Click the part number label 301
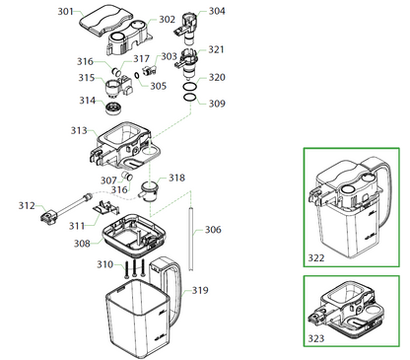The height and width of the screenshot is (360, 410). point(65,12)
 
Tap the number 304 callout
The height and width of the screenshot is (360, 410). point(217,11)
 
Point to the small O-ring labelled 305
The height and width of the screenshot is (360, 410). point(136,75)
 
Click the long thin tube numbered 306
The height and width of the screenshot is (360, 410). point(190,239)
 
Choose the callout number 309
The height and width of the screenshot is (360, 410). point(217,104)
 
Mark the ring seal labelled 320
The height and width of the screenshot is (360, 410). point(189,87)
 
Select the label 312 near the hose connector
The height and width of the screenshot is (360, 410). point(27,206)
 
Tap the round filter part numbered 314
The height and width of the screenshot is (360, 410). point(114,108)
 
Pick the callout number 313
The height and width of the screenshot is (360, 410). point(79,130)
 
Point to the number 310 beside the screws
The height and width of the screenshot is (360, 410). point(104,264)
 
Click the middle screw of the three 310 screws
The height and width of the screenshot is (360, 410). point(134,268)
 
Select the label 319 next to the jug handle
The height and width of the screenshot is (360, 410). point(200,290)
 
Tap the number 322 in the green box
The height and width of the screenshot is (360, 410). point(316,258)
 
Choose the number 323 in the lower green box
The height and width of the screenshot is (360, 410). point(316,338)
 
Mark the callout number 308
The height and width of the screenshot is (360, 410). point(82,244)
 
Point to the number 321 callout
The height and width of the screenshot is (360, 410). point(216,49)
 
